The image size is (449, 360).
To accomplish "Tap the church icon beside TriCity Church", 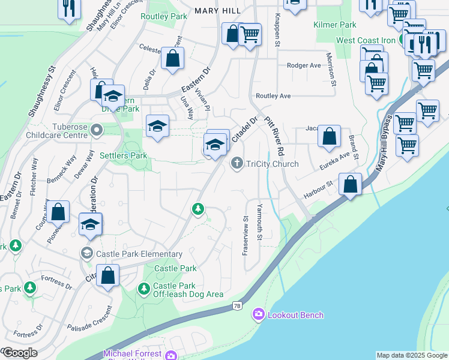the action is click(237, 163).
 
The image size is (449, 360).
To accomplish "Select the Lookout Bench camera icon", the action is click(259, 314).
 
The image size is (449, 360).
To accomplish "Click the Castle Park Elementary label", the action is click(133, 254).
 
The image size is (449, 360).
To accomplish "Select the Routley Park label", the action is click(164, 17).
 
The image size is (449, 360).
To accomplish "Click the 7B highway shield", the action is click(237, 307).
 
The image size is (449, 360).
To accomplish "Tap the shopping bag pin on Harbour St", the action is click(350, 184).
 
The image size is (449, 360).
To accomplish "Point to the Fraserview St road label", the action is click(245, 236).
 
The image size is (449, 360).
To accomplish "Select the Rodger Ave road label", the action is click(304, 65).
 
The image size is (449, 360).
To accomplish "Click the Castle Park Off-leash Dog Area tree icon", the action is click(143, 289).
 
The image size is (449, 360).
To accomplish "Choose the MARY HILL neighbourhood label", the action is click(217, 11).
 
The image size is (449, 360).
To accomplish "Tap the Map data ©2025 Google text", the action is click(411, 355).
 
